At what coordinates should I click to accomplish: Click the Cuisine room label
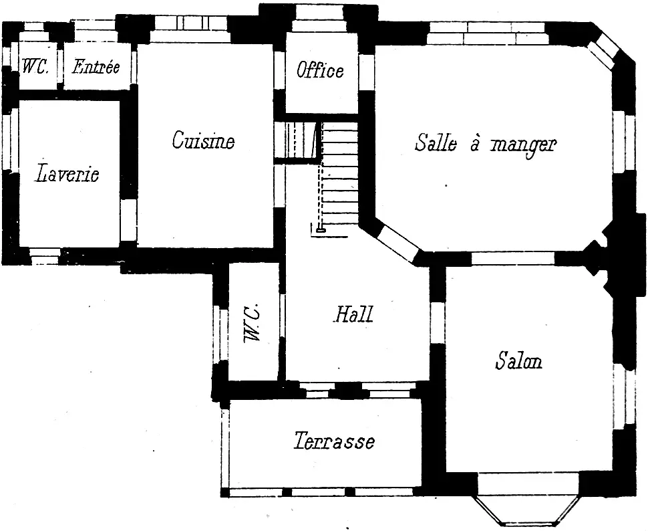(203, 140)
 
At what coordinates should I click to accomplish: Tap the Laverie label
(67, 173)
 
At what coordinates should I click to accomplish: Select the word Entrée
(96, 67)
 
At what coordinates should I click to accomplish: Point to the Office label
(320, 70)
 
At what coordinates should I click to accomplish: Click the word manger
(523, 146)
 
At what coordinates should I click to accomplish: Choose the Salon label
(518, 360)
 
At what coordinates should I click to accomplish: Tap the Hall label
(353, 314)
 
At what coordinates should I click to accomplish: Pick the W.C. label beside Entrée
(35, 66)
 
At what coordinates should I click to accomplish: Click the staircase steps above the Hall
(339, 174)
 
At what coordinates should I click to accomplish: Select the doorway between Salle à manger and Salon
(513, 259)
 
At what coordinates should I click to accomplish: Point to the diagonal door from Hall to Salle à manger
(398, 243)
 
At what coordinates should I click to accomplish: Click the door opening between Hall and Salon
(438, 323)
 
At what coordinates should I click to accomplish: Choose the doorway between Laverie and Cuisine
(128, 220)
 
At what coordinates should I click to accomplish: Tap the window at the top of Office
(317, 19)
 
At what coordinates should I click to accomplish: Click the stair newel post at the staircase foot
(320, 231)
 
